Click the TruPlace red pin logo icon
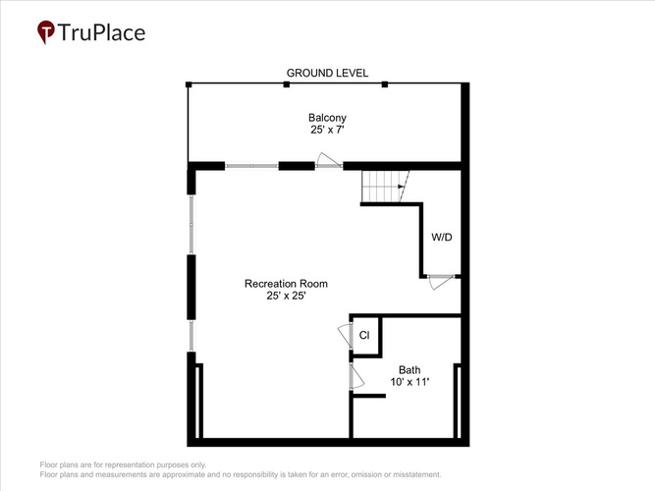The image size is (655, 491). point(45,31)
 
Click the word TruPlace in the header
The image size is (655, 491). point(101,32)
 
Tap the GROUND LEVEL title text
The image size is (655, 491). point(327,73)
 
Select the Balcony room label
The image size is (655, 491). point(327,118)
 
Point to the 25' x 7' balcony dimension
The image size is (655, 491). point(327,130)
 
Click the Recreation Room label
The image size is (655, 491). point(286,284)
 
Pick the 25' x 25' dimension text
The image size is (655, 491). point(286,296)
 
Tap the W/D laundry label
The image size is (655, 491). point(442,238)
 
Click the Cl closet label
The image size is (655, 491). point(364,335)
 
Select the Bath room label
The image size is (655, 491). point(409,370)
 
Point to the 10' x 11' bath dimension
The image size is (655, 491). point(409,382)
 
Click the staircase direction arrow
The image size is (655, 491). point(402,187)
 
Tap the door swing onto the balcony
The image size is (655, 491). point(329,160)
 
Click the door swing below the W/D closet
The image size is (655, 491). point(441,282)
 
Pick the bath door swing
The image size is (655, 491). point(357,376)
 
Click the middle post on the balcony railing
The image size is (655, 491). point(286,84)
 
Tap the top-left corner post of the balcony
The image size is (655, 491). point(189,84)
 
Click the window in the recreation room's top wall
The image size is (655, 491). point(251,166)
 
